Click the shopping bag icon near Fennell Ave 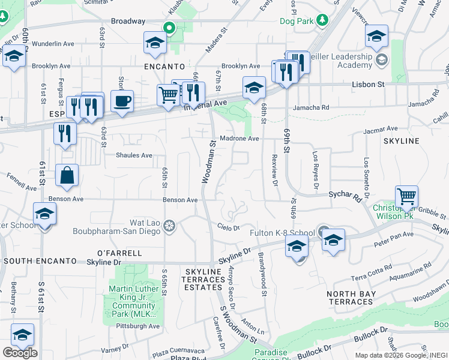(67, 175)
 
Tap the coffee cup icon (122, 100)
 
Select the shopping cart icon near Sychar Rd (406, 196)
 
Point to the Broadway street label (128, 21)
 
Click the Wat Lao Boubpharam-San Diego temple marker (170, 225)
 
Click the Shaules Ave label (134, 155)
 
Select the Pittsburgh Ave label (142, 326)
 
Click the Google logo (20, 353)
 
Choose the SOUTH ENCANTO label (40, 262)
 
